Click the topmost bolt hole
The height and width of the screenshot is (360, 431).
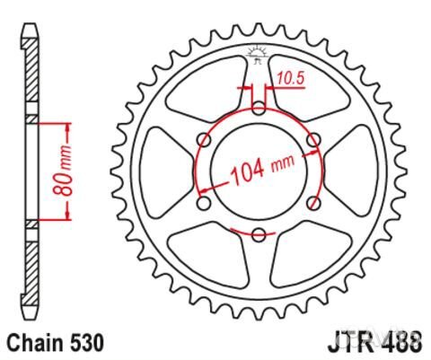point(259,109)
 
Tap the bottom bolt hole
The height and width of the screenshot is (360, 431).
point(259,235)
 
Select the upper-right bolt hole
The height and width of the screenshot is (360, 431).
point(312,140)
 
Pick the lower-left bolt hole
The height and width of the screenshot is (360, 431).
point(204,204)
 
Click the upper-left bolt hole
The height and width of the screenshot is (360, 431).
point(204,140)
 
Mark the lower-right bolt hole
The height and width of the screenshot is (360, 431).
point(312,204)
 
